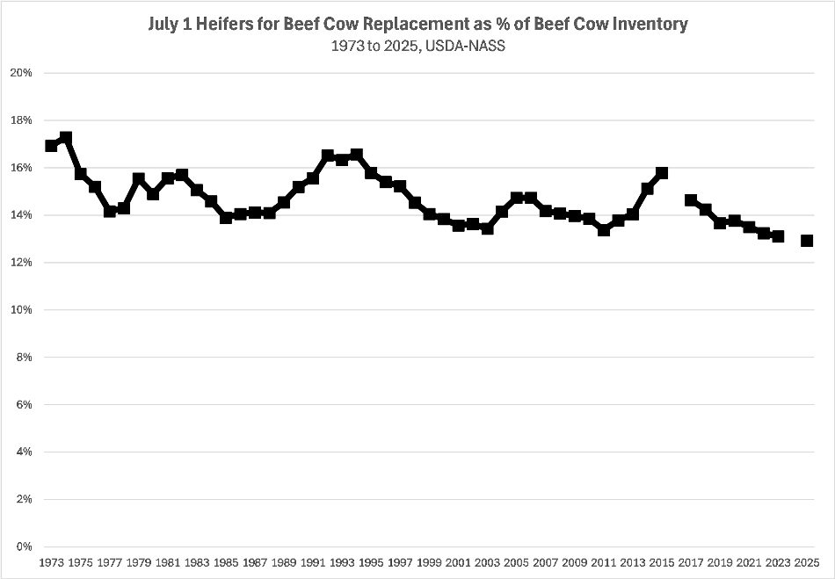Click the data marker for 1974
[65, 138]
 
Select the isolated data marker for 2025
[807, 241]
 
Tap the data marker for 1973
[51, 146]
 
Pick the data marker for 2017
[691, 200]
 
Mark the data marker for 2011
[604, 230]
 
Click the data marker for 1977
[109, 212]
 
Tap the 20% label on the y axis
[22, 73]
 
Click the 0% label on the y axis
[25, 546]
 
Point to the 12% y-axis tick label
[22, 263]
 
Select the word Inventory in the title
[644, 25]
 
